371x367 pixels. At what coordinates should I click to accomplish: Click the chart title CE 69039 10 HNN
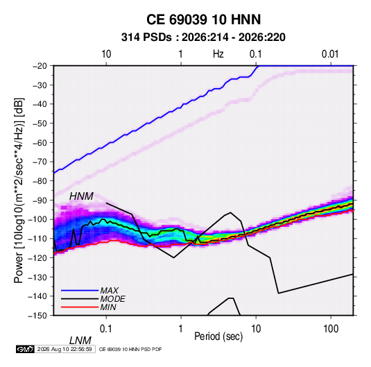[x=203, y=19]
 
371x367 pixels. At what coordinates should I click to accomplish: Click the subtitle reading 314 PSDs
[x=146, y=37]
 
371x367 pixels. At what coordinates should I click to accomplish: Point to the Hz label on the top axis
[x=218, y=54]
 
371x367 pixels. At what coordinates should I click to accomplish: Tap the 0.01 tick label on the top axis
[x=330, y=54]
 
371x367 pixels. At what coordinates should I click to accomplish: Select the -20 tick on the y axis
[x=40, y=66]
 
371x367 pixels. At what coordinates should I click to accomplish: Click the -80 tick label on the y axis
[x=40, y=181]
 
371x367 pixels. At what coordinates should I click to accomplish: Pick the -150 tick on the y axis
[x=37, y=316]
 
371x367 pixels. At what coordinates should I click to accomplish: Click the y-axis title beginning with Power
[x=19, y=190]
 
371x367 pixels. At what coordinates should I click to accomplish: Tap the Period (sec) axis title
[x=218, y=336]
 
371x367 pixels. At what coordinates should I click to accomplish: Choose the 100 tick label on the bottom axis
[x=331, y=329]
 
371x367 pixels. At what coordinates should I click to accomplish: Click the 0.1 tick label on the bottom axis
[x=106, y=329]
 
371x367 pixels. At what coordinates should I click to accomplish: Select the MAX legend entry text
[x=110, y=291]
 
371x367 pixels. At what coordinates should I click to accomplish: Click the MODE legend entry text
[x=112, y=299]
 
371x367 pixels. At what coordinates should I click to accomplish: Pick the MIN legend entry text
[x=108, y=307]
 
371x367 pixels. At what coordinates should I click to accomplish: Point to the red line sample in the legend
[x=80, y=307]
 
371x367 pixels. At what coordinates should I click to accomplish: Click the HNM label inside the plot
[x=81, y=196]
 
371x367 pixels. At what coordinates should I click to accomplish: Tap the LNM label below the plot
[x=80, y=341]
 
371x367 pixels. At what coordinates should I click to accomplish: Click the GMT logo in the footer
[x=25, y=349]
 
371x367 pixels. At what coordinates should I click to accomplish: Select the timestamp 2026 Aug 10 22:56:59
[x=64, y=349]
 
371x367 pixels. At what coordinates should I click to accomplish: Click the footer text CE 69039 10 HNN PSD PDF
[x=130, y=349]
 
